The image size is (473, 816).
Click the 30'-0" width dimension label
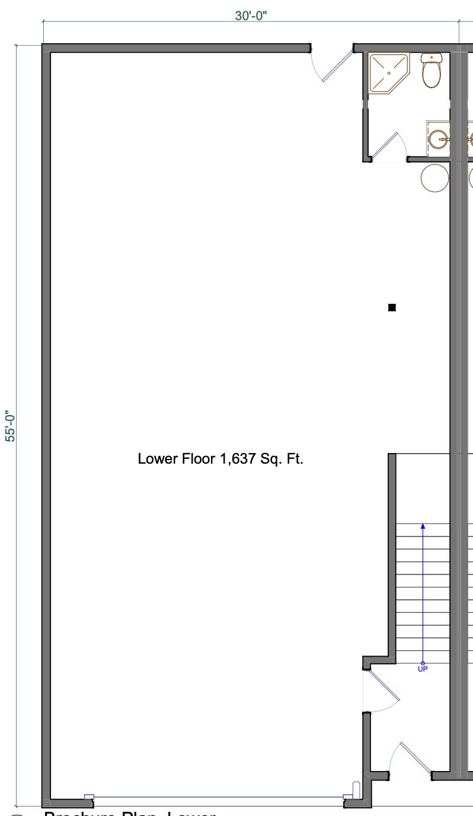251,16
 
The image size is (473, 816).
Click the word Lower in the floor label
154,459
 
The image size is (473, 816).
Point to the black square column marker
392,307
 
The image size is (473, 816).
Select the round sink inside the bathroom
439,139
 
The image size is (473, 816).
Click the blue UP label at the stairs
423,669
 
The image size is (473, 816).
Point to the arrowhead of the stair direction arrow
423,526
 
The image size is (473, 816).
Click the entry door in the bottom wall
415,757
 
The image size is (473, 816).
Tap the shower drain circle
389,73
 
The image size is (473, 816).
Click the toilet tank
432,58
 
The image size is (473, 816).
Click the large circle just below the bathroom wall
435,178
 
